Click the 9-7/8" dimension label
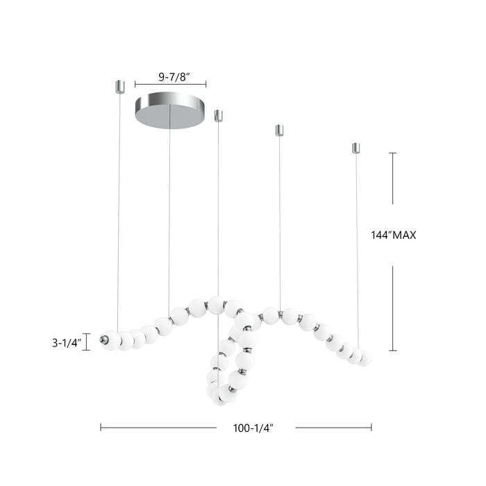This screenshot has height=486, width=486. (x=170, y=77)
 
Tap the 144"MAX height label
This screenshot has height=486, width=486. (x=393, y=235)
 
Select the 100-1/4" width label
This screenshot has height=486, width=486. (x=253, y=428)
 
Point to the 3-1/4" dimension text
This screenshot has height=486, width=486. (x=67, y=342)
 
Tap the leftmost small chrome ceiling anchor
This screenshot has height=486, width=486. (x=119, y=87)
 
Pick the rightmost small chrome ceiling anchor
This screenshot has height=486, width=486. (x=356, y=148)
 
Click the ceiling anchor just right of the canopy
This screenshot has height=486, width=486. (x=218, y=115)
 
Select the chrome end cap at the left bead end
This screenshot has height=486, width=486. (x=104, y=340)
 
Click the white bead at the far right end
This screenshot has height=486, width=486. (x=364, y=358)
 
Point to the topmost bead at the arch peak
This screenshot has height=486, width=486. (x=216, y=303)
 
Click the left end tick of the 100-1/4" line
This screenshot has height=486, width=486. (x=101, y=428)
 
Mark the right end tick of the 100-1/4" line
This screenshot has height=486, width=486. (x=371, y=428)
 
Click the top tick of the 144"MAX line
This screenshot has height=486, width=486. (x=393, y=153)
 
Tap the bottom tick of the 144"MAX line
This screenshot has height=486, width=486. (x=393, y=351)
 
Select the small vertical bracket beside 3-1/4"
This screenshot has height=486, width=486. (x=87, y=342)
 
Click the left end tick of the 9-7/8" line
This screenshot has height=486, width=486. (x=135, y=84)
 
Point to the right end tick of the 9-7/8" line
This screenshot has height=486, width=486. (x=206, y=84)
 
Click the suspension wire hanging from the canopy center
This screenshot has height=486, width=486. (x=169, y=208)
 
